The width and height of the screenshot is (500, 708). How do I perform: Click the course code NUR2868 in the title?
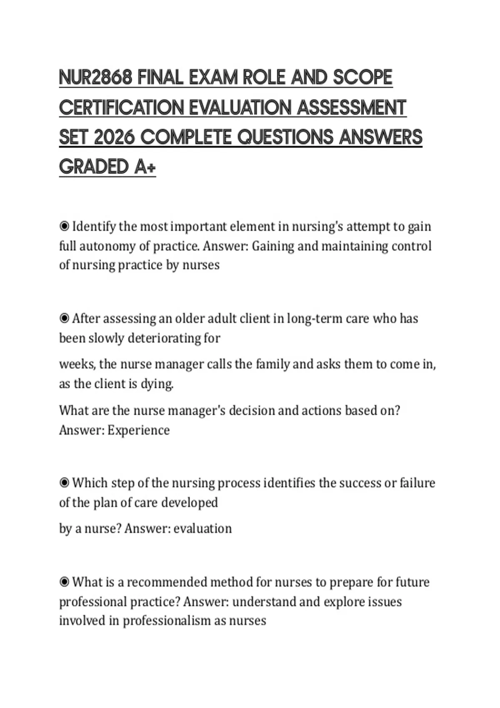click(96, 78)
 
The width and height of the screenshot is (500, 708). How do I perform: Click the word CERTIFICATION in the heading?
click(121, 108)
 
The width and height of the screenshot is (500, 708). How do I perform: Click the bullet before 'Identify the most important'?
click(64, 227)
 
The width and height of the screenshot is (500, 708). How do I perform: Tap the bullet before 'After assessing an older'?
click(64, 319)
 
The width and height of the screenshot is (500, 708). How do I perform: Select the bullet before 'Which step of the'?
click(64, 483)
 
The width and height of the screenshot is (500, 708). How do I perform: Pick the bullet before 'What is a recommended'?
click(64, 582)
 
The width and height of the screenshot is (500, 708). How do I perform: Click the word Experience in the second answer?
click(138, 430)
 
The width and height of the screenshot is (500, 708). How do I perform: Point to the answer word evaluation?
click(202, 529)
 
